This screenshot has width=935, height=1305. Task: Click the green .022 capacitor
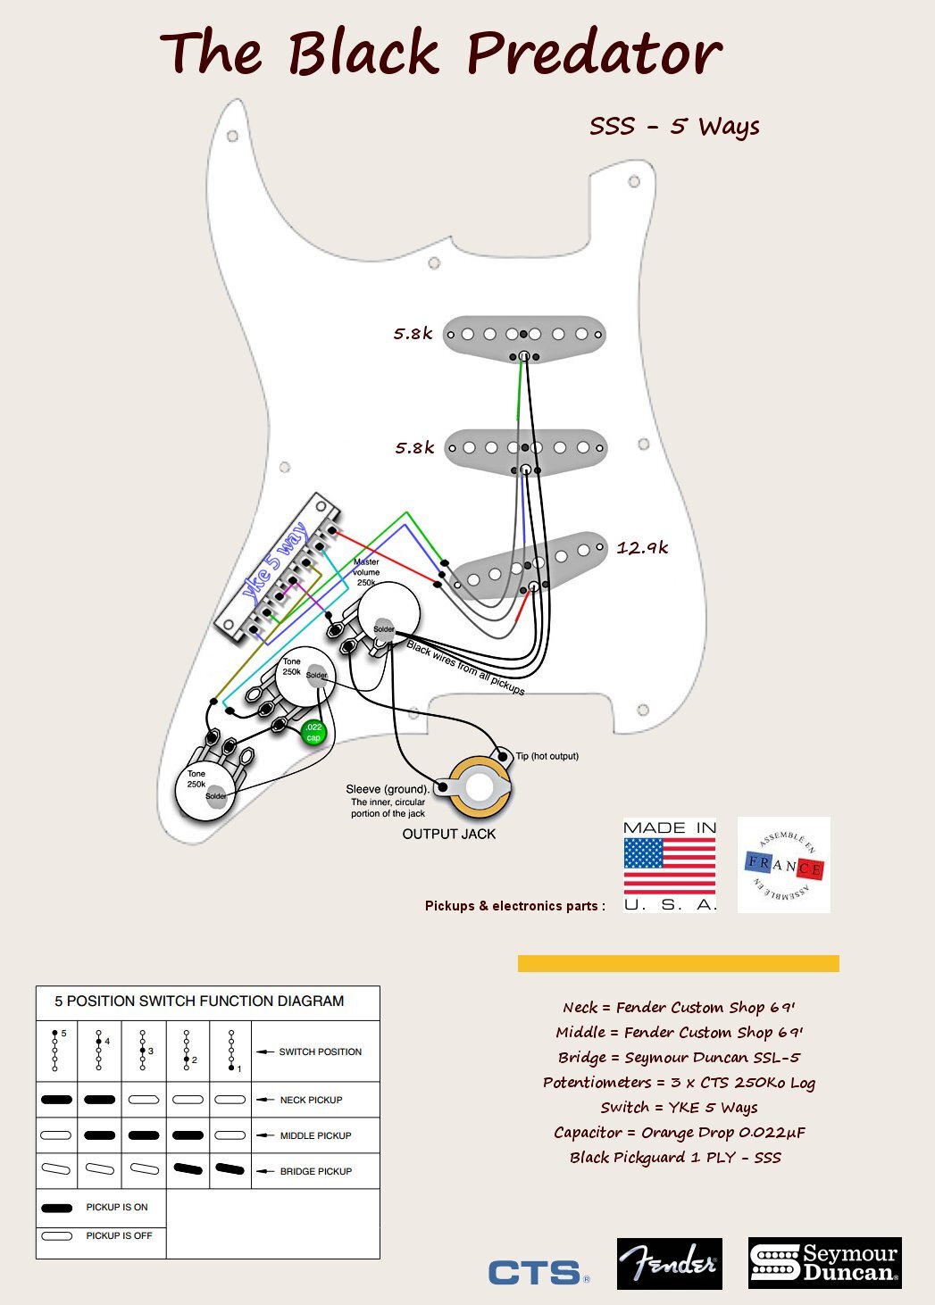click(313, 732)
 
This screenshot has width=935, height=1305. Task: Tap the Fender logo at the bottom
click(669, 1263)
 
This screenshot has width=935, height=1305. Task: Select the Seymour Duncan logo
click(824, 1262)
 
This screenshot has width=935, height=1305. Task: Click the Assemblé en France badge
click(784, 865)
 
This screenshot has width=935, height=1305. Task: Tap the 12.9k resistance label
click(642, 548)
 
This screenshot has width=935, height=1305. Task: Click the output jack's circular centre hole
click(480, 788)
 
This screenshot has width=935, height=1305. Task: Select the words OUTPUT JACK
click(448, 834)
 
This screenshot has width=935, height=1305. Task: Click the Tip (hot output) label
click(547, 756)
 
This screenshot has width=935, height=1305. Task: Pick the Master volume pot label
click(366, 572)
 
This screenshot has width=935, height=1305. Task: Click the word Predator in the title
click(594, 54)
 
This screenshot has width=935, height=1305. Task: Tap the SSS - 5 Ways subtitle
click(674, 127)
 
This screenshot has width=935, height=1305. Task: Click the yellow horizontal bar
click(678, 963)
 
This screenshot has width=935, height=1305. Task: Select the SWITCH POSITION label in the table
click(320, 1051)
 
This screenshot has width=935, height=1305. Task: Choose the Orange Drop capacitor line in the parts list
click(679, 1132)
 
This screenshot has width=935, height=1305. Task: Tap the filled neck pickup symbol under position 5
click(56, 1100)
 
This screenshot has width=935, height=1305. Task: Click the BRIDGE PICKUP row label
click(315, 1171)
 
